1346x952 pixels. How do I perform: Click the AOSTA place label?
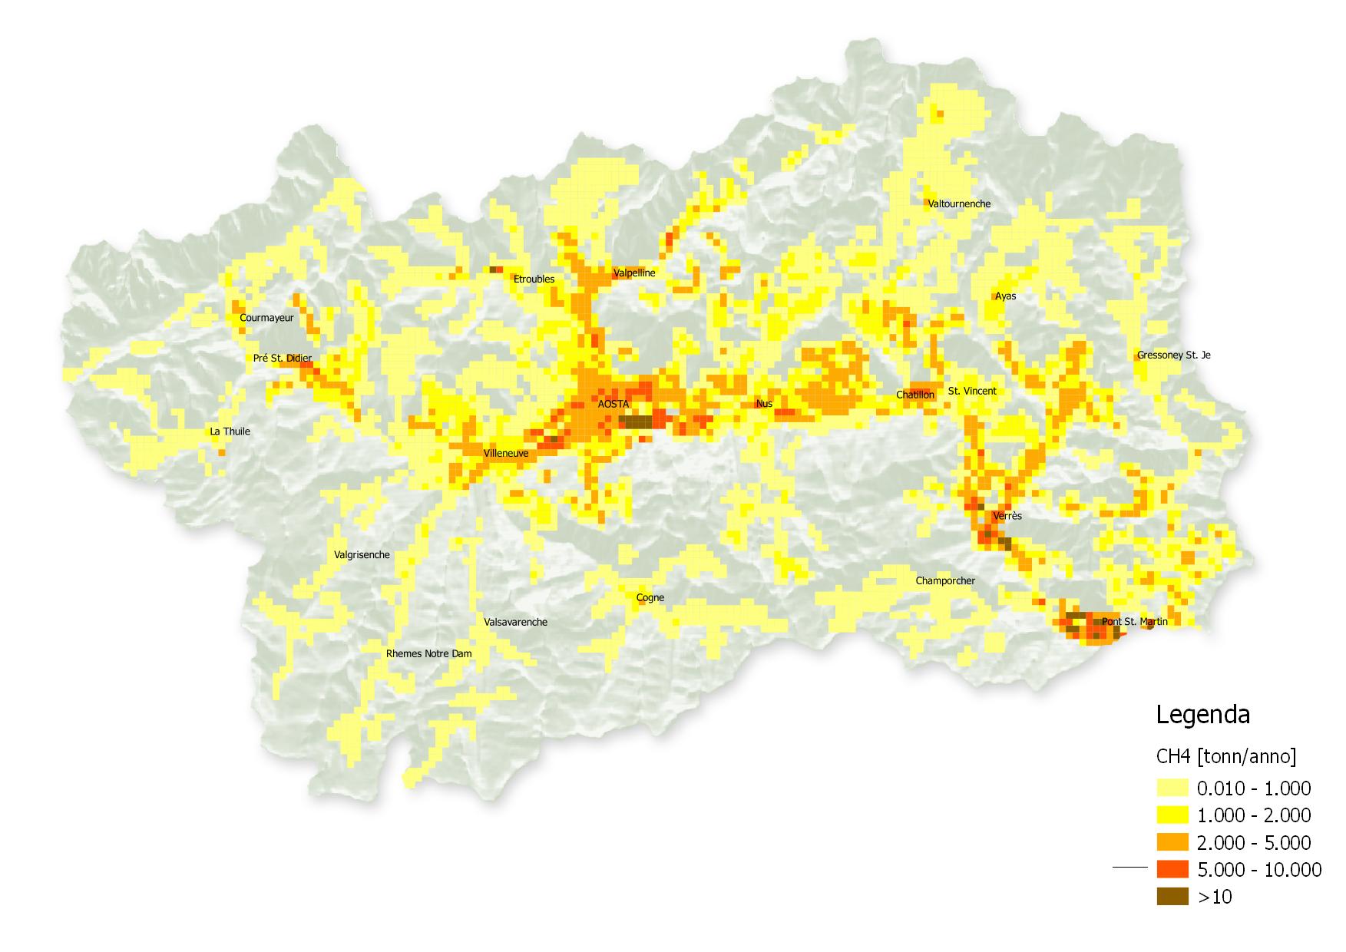coord(613,404)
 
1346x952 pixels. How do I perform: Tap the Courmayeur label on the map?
coord(266,318)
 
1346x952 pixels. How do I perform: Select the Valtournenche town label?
coord(959,204)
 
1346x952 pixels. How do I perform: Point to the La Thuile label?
coord(230,431)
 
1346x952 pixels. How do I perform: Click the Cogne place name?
coord(650,598)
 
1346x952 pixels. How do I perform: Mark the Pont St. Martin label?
coord(1134,622)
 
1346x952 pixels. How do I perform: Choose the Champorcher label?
coord(945,581)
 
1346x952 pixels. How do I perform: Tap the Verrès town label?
coord(1007,516)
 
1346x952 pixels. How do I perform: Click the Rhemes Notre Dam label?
coord(428,654)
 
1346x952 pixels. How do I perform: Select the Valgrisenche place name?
coord(362,555)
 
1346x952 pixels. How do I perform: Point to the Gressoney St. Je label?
coord(1173,355)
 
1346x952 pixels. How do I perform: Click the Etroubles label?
coord(534,279)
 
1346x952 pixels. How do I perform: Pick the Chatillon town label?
coord(915,395)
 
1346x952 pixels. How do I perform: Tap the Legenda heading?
coord(1202,716)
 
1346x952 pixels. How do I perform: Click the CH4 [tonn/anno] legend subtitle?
coord(1225,757)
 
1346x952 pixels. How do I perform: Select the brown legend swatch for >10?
coord(1172,896)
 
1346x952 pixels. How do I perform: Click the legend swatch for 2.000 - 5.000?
coord(1172,842)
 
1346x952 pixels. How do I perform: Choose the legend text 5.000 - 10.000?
coord(1258,870)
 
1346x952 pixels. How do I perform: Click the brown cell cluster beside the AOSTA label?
coord(636,421)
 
